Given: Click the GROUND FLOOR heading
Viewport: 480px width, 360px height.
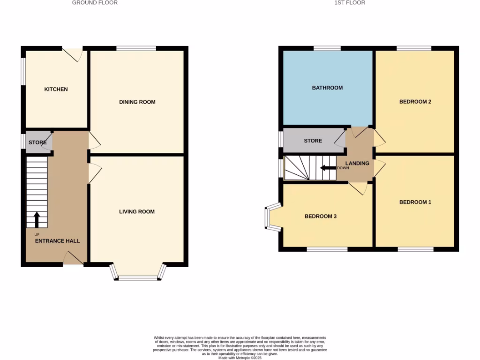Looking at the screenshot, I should tap(95, 3).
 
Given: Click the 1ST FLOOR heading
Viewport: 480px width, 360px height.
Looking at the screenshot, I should tap(350, 3).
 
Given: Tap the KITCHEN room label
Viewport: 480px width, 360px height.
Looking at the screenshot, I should tap(56, 90).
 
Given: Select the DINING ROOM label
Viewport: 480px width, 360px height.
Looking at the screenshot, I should tap(137, 102).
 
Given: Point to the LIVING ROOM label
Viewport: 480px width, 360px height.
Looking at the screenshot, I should tap(137, 212).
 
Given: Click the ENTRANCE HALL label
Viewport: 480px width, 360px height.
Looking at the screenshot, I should tap(57, 241).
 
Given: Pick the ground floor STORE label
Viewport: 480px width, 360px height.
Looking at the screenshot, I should tap(37, 142).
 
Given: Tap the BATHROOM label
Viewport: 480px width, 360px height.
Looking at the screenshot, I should tap(327, 88).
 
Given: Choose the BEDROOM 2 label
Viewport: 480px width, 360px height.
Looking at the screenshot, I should tap(415, 102).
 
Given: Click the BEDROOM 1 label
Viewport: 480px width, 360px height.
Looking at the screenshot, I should tap(415, 202).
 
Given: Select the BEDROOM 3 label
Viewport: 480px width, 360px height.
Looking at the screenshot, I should tap(321, 217).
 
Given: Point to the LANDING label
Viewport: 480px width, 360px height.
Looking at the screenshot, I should tap(358, 164).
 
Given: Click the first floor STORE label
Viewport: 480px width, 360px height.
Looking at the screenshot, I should tap(313, 141).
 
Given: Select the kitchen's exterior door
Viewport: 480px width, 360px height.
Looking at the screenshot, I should tap(73, 53).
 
